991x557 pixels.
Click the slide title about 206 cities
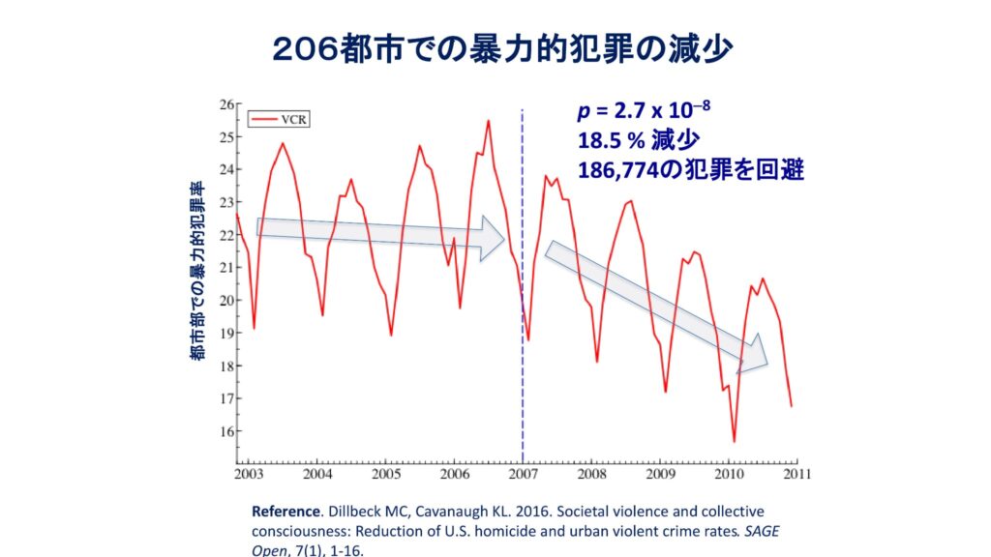pyautogui.click(x=495, y=48)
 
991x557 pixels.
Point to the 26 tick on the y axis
pyautogui.click(x=227, y=104)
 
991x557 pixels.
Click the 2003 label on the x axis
pyautogui.click(x=249, y=475)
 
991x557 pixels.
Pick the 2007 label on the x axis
pyautogui.click(x=524, y=475)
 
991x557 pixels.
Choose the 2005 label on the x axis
pyautogui.click(x=386, y=475)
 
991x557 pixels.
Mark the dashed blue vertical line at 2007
pyautogui.click(x=523, y=290)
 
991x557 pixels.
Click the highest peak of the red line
pyautogui.click(x=488, y=121)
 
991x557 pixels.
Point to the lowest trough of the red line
pyautogui.click(x=734, y=441)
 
